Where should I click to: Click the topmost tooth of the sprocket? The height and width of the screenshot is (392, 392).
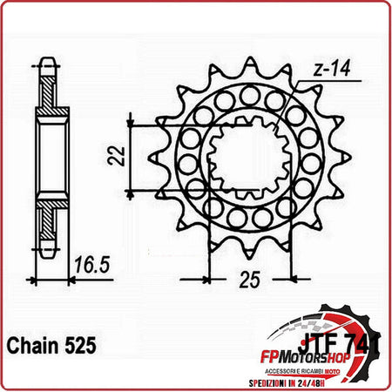[x=250, y=66]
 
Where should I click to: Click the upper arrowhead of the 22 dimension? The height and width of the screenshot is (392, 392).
[x=131, y=119]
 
